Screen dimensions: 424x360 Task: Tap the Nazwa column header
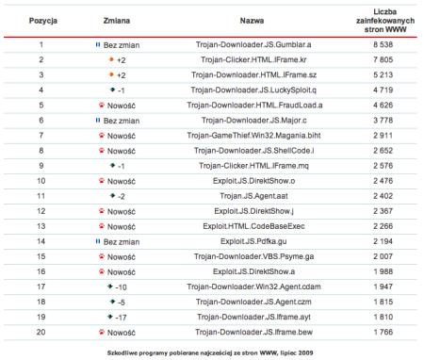click(252, 19)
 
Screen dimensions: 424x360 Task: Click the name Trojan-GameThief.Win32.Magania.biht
click(252, 136)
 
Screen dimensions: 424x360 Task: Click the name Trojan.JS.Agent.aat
click(252, 195)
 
